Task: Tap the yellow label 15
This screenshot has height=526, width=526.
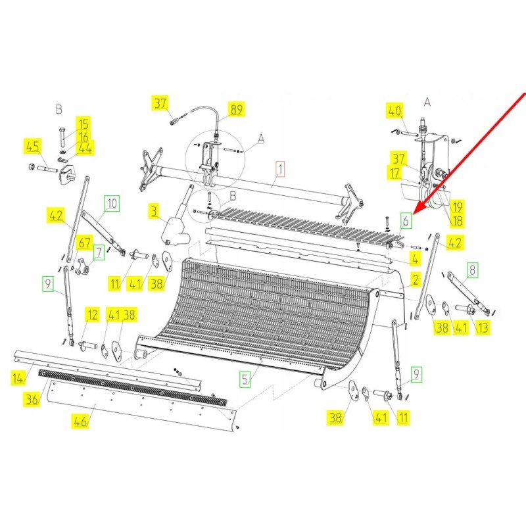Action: click(x=84, y=124)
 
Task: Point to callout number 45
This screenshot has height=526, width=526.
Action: click(x=32, y=147)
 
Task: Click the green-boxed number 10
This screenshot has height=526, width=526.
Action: click(x=112, y=203)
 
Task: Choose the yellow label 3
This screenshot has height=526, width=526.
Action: click(x=153, y=212)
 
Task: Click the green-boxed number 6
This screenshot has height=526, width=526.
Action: click(x=406, y=221)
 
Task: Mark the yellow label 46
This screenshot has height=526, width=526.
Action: click(x=80, y=421)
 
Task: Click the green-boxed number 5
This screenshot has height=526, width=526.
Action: click(x=245, y=379)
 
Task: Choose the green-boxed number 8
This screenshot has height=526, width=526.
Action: click(x=472, y=268)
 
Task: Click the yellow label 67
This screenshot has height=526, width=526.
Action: click(x=84, y=242)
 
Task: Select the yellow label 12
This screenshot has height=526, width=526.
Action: click(x=91, y=315)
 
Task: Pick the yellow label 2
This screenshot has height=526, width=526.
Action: click(x=415, y=280)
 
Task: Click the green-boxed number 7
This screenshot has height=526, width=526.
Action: click(x=98, y=251)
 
